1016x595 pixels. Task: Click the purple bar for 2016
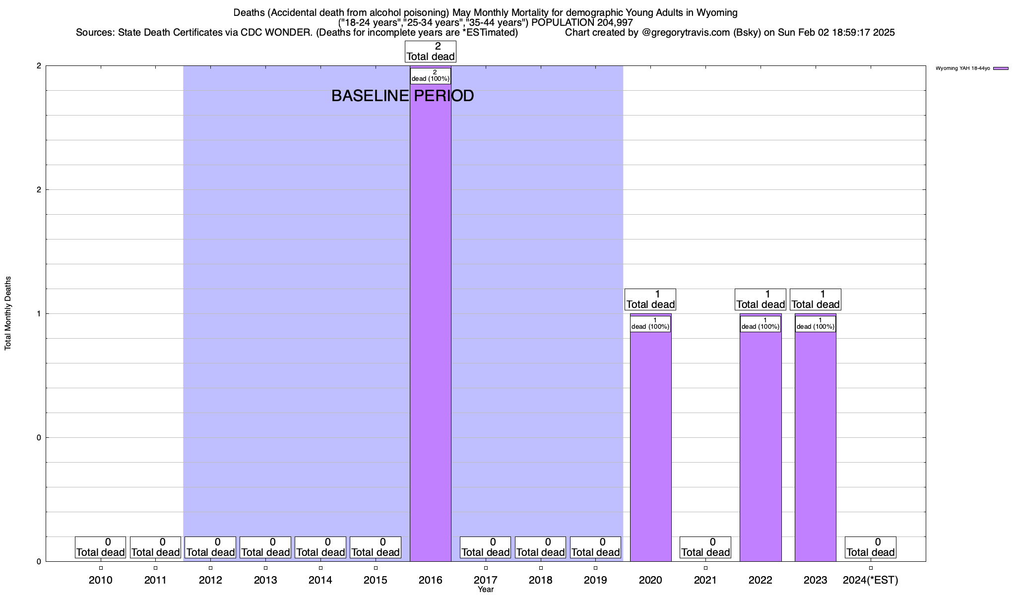coord(430,322)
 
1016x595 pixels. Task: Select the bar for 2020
coord(650,446)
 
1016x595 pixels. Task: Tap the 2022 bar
coord(761,446)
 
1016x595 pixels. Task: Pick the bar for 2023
coord(815,446)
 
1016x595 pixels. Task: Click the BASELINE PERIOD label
coord(402,96)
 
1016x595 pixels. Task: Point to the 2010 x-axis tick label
coord(101,580)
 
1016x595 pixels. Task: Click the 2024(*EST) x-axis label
coord(870,580)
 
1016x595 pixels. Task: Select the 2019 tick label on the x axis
coord(595,580)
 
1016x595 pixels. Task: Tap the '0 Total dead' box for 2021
coord(705,547)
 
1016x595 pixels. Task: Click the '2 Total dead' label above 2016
coord(431,52)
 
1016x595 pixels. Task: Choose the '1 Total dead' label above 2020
coord(650,299)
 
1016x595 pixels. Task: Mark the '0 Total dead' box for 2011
coord(155,547)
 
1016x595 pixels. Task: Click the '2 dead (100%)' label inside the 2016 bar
coord(430,76)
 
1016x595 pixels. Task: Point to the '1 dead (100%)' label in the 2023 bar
coord(815,324)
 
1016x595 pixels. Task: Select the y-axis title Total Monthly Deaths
coord(8,313)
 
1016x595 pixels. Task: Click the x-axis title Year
coord(486,590)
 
